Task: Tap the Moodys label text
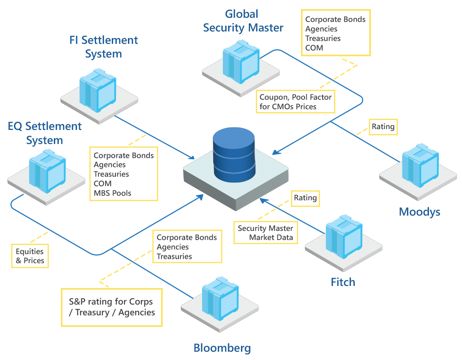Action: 419,212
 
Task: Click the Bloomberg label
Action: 222,348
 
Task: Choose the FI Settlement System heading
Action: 103,47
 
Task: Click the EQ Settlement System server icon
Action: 47,170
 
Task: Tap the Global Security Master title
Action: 243,21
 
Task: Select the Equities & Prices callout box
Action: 30,256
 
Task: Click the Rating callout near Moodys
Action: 383,126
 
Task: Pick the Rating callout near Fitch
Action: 305,198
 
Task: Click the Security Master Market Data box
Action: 265,233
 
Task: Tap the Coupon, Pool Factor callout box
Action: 295,102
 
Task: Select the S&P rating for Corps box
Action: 111,307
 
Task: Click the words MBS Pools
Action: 113,193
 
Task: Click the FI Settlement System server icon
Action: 98,92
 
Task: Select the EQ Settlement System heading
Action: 45,133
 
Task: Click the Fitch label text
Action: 343,282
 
